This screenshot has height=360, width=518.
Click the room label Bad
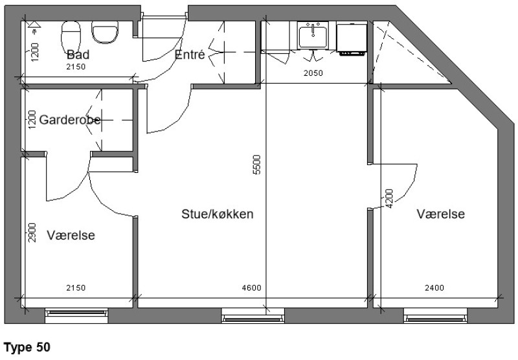(78, 54)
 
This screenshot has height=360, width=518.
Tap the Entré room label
(190, 54)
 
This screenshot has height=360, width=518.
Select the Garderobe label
(70, 120)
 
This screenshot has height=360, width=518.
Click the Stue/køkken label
(218, 214)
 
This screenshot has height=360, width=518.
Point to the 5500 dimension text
(256, 164)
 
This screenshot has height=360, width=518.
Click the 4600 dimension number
(251, 288)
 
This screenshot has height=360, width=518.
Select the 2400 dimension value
(434, 288)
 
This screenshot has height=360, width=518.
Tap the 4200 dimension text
(389, 199)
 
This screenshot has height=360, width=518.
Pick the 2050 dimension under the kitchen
(313, 73)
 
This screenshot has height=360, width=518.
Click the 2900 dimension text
(32, 232)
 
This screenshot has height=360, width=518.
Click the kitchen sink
(313, 36)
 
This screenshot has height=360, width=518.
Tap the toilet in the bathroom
(71, 38)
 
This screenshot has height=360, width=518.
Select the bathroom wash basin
(105, 32)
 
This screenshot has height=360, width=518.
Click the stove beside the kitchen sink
(352, 38)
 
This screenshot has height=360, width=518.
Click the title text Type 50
(27, 348)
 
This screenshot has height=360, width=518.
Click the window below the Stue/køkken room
(253, 315)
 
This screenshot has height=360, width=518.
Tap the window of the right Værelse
(435, 315)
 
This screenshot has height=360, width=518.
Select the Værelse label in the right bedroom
(441, 214)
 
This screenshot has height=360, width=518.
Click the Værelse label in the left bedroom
(71, 235)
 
